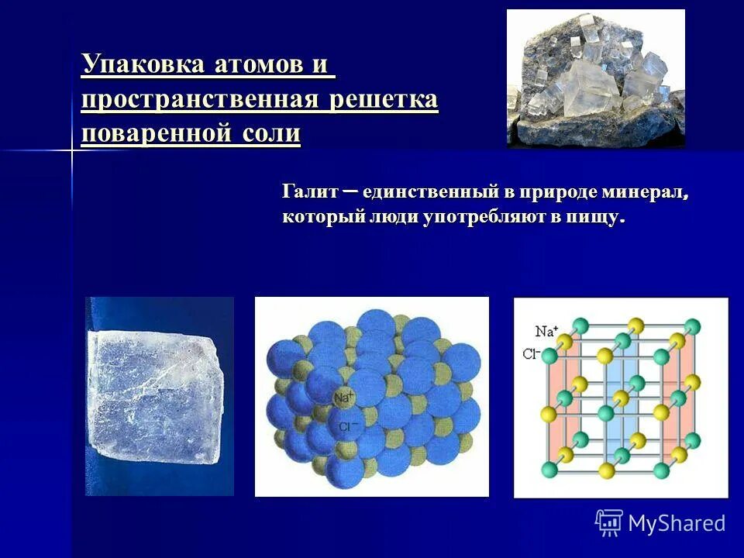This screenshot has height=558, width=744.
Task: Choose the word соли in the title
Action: tap(270, 133)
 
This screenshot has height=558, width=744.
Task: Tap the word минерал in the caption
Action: tap(648, 191)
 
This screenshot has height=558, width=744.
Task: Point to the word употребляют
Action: tap(485, 217)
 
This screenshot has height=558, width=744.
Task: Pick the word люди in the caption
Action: tap(394, 217)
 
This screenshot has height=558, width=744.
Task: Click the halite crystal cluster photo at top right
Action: tap(595, 78)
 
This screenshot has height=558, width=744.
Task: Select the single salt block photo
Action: tap(159, 396)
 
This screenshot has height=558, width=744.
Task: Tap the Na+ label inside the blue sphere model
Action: tap(344, 398)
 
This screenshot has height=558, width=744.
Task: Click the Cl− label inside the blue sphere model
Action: tap(346, 426)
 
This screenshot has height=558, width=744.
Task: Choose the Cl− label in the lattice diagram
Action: tap(531, 355)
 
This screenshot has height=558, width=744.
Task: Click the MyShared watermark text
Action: tap(677, 523)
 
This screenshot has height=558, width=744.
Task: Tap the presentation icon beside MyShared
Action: tap(609, 522)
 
